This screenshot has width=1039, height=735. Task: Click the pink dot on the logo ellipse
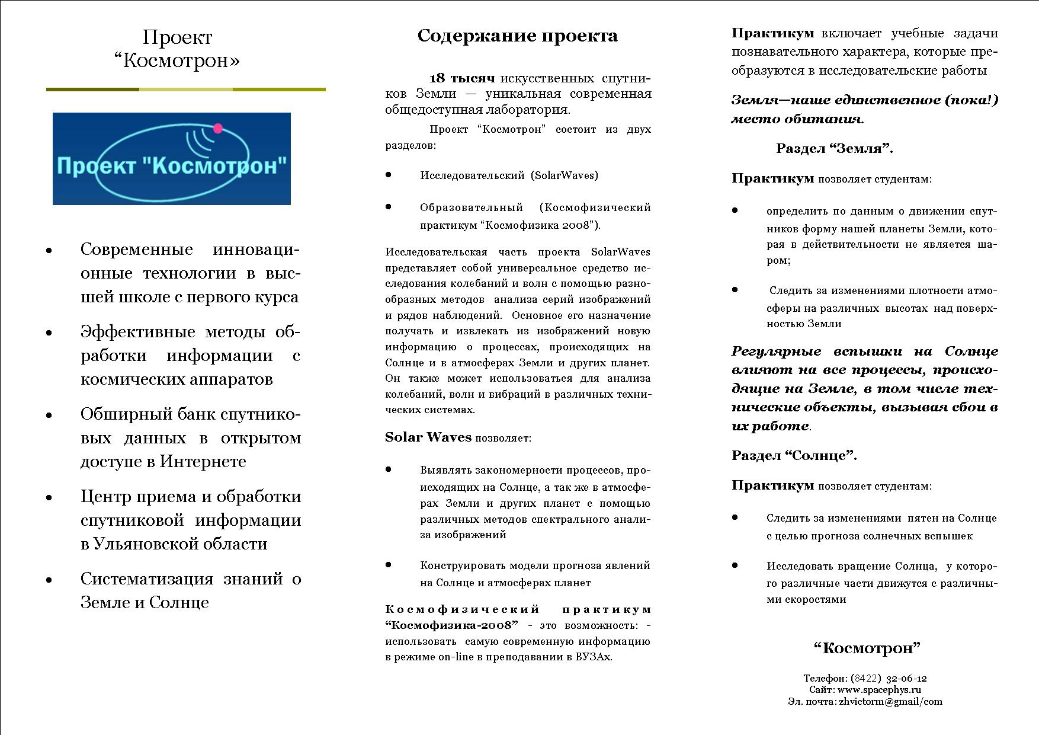coord(218,128)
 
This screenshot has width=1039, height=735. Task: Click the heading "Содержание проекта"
coord(517,36)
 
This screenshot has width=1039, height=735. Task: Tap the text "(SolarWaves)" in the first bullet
coord(564,175)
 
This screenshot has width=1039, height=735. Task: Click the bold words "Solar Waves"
coord(428,438)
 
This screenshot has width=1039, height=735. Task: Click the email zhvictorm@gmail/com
coord(890,702)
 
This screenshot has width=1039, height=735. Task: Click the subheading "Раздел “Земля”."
coord(835,149)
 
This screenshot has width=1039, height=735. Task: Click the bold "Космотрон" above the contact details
coord(868,648)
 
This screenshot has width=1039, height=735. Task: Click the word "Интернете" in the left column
coord(203,462)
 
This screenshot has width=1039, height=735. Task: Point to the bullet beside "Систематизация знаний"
coord(49,580)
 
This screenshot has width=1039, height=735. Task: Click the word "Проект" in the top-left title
coord(177,38)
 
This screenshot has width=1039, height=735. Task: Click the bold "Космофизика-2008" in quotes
coord(452,626)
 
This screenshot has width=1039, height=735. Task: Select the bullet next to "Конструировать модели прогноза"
coord(389,565)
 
